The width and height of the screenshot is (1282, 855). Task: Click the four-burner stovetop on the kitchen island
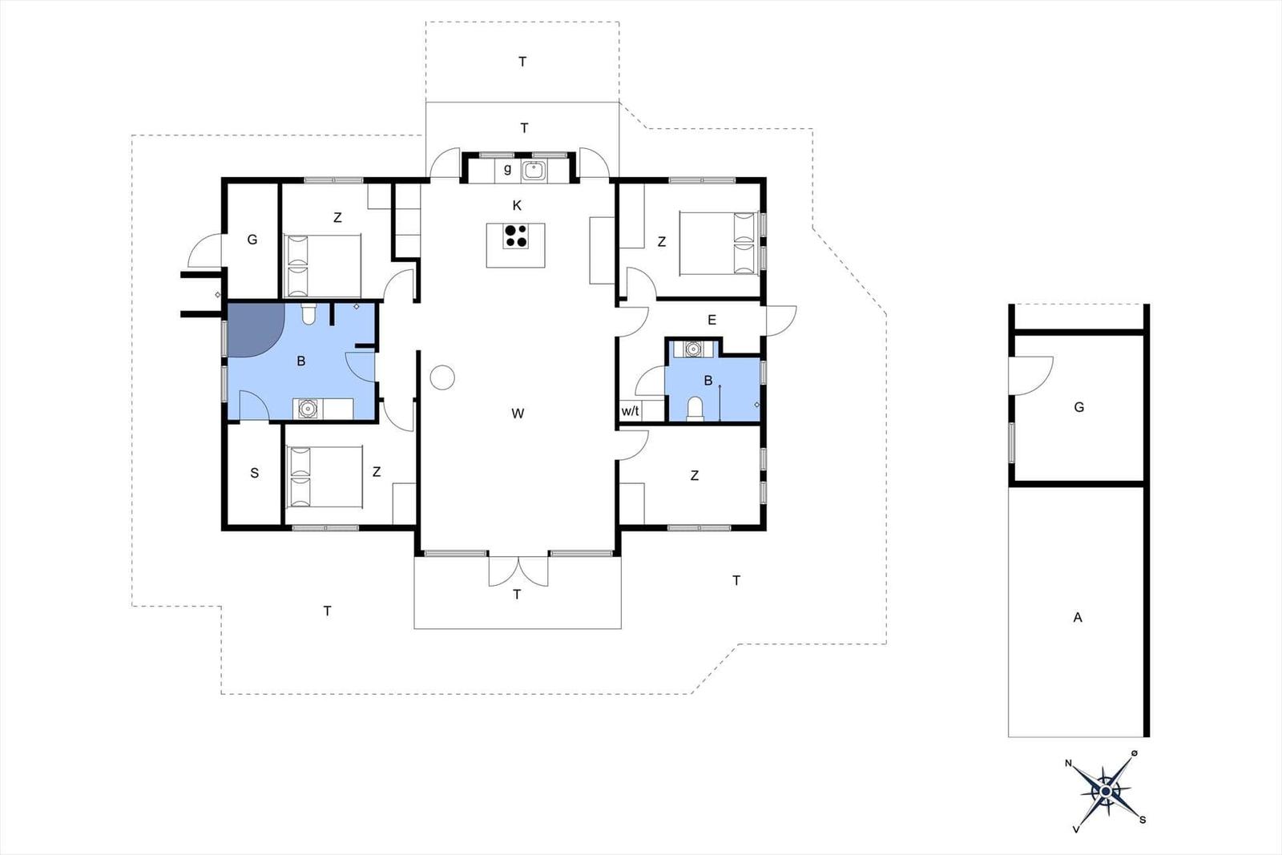coord(516,236)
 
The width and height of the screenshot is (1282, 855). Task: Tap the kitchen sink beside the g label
coord(534,170)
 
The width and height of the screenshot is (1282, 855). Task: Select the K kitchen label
coord(517,205)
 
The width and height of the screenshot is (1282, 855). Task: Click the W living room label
coord(518,413)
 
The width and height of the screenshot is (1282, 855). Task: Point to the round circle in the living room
coord(442,377)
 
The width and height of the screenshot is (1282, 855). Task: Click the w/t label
coord(630,411)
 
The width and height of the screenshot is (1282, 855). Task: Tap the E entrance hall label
coord(712,320)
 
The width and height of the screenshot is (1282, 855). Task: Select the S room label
coord(255,473)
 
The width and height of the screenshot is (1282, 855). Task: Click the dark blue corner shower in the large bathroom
coord(256,330)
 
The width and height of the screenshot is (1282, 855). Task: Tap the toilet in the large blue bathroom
coord(308,314)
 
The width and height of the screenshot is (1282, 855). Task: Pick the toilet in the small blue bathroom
coord(695,409)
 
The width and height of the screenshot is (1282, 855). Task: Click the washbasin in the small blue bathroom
coord(693,349)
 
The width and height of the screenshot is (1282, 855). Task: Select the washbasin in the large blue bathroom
coord(308,409)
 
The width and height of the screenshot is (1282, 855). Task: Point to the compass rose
coord(1106,792)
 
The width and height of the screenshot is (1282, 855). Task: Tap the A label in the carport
coord(1078,618)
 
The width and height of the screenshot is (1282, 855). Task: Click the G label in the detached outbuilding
coord(1078,408)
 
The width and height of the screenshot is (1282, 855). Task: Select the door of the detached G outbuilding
coord(1030,376)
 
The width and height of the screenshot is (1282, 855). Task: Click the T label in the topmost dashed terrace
coord(522,62)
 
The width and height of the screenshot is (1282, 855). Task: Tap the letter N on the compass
coord(1068,763)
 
